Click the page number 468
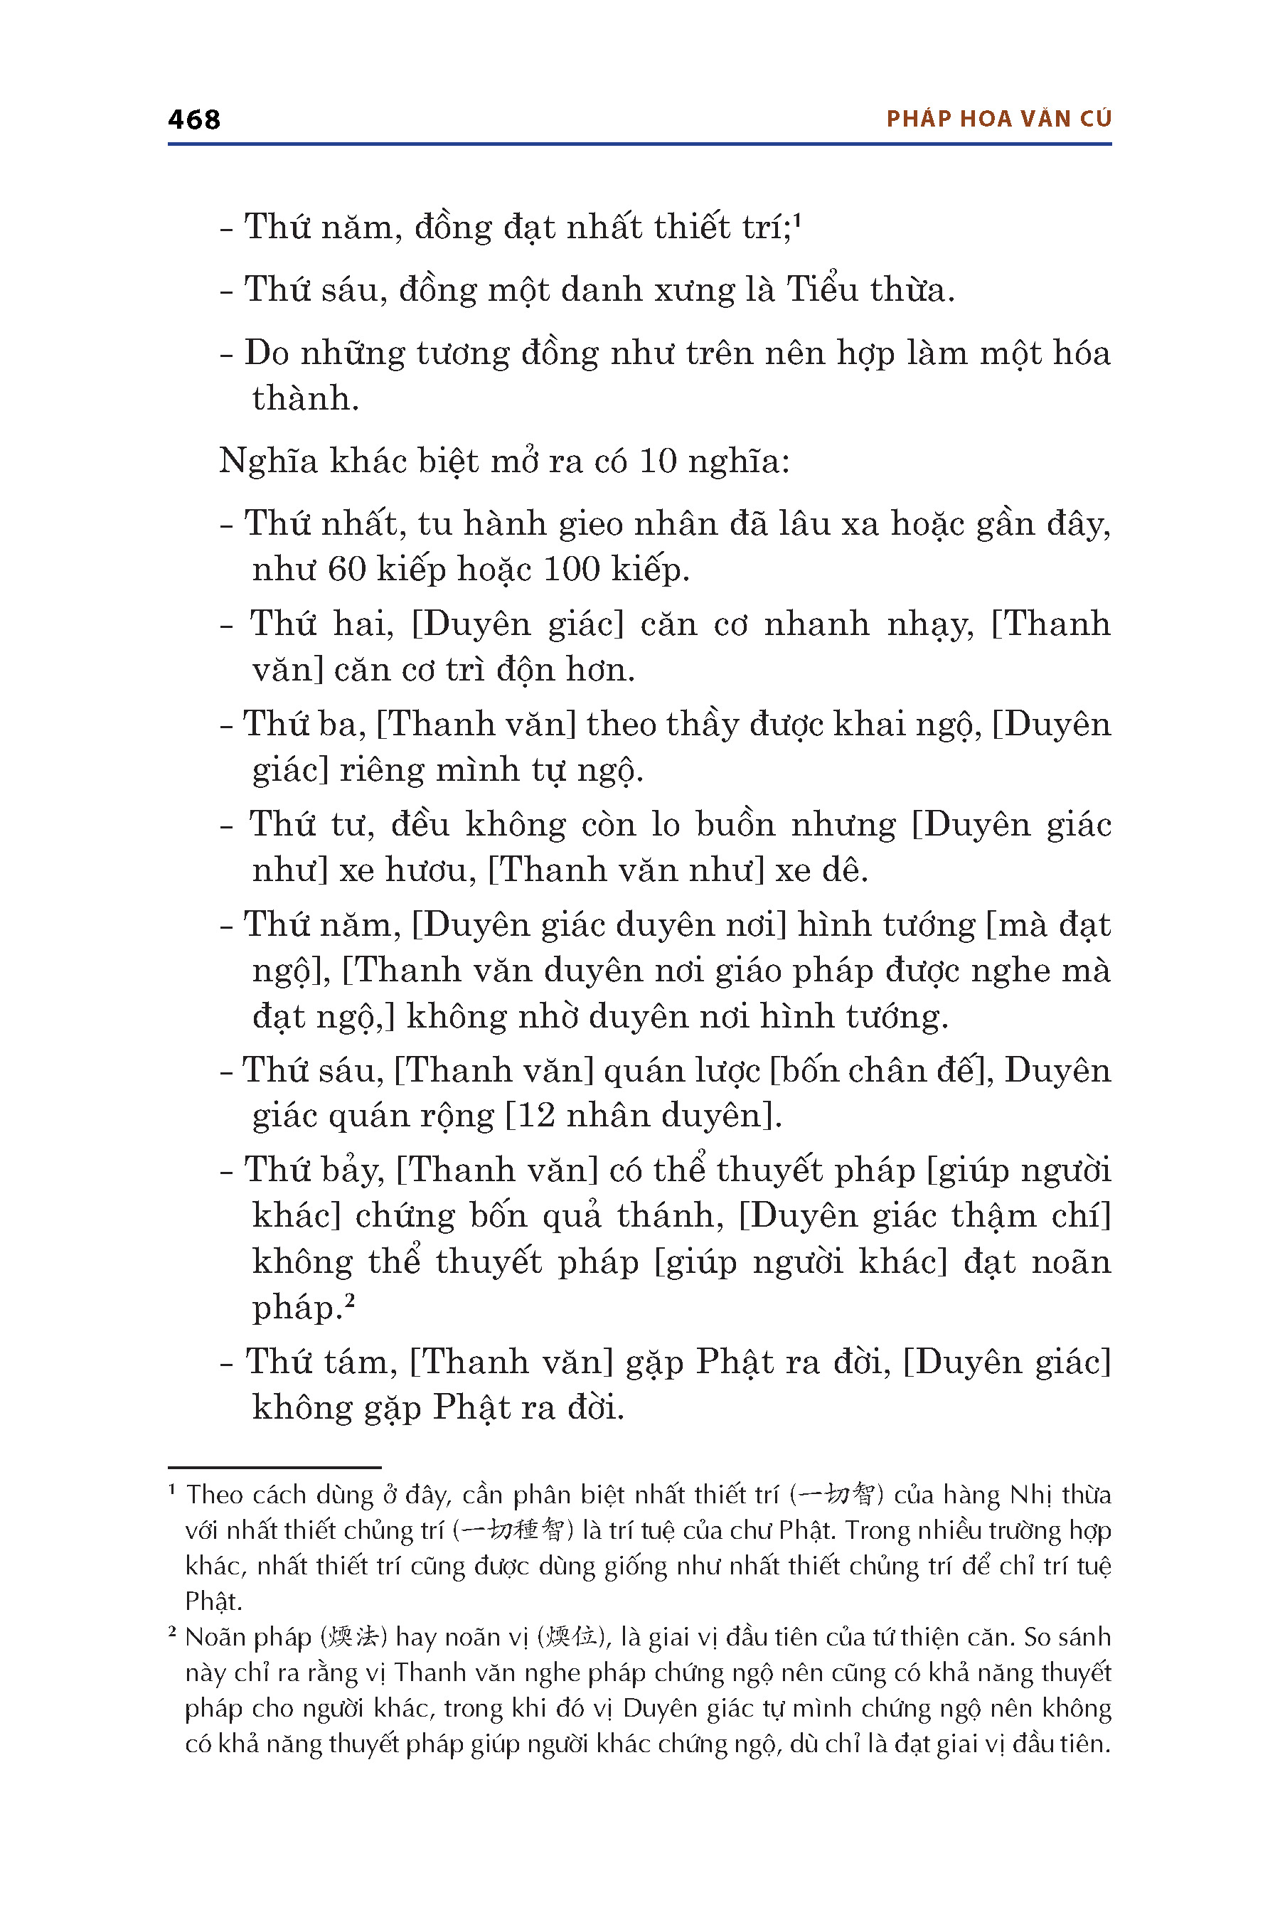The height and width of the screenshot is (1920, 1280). point(193,120)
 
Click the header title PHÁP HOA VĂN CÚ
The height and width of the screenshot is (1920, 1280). point(998,119)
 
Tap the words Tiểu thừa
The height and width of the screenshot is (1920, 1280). point(870,290)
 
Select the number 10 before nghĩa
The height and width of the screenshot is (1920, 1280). point(657,462)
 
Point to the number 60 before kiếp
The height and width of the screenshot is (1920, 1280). point(346,570)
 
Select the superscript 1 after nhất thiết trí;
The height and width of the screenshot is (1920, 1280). point(798,219)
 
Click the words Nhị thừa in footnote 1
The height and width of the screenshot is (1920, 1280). point(1060,1495)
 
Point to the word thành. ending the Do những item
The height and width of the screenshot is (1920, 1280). point(305,399)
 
